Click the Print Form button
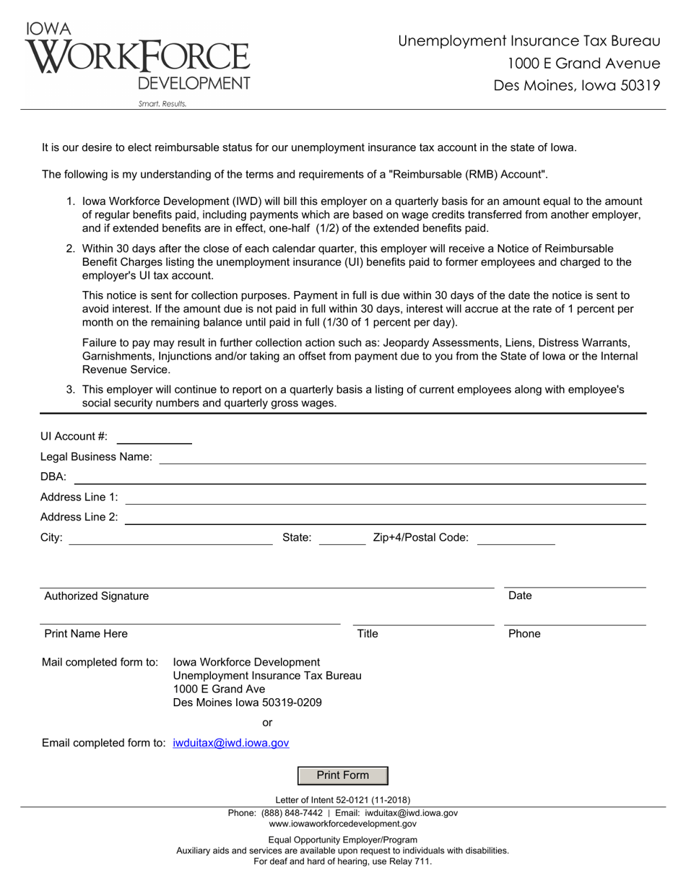click(x=343, y=775)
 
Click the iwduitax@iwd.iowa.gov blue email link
click(x=231, y=743)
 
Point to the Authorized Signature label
click(x=97, y=596)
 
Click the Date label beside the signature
click(x=520, y=596)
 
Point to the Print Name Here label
click(x=86, y=634)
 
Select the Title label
click(x=368, y=634)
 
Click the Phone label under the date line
click(x=524, y=634)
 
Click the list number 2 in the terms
click(x=71, y=248)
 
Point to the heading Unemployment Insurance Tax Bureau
click(x=529, y=41)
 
